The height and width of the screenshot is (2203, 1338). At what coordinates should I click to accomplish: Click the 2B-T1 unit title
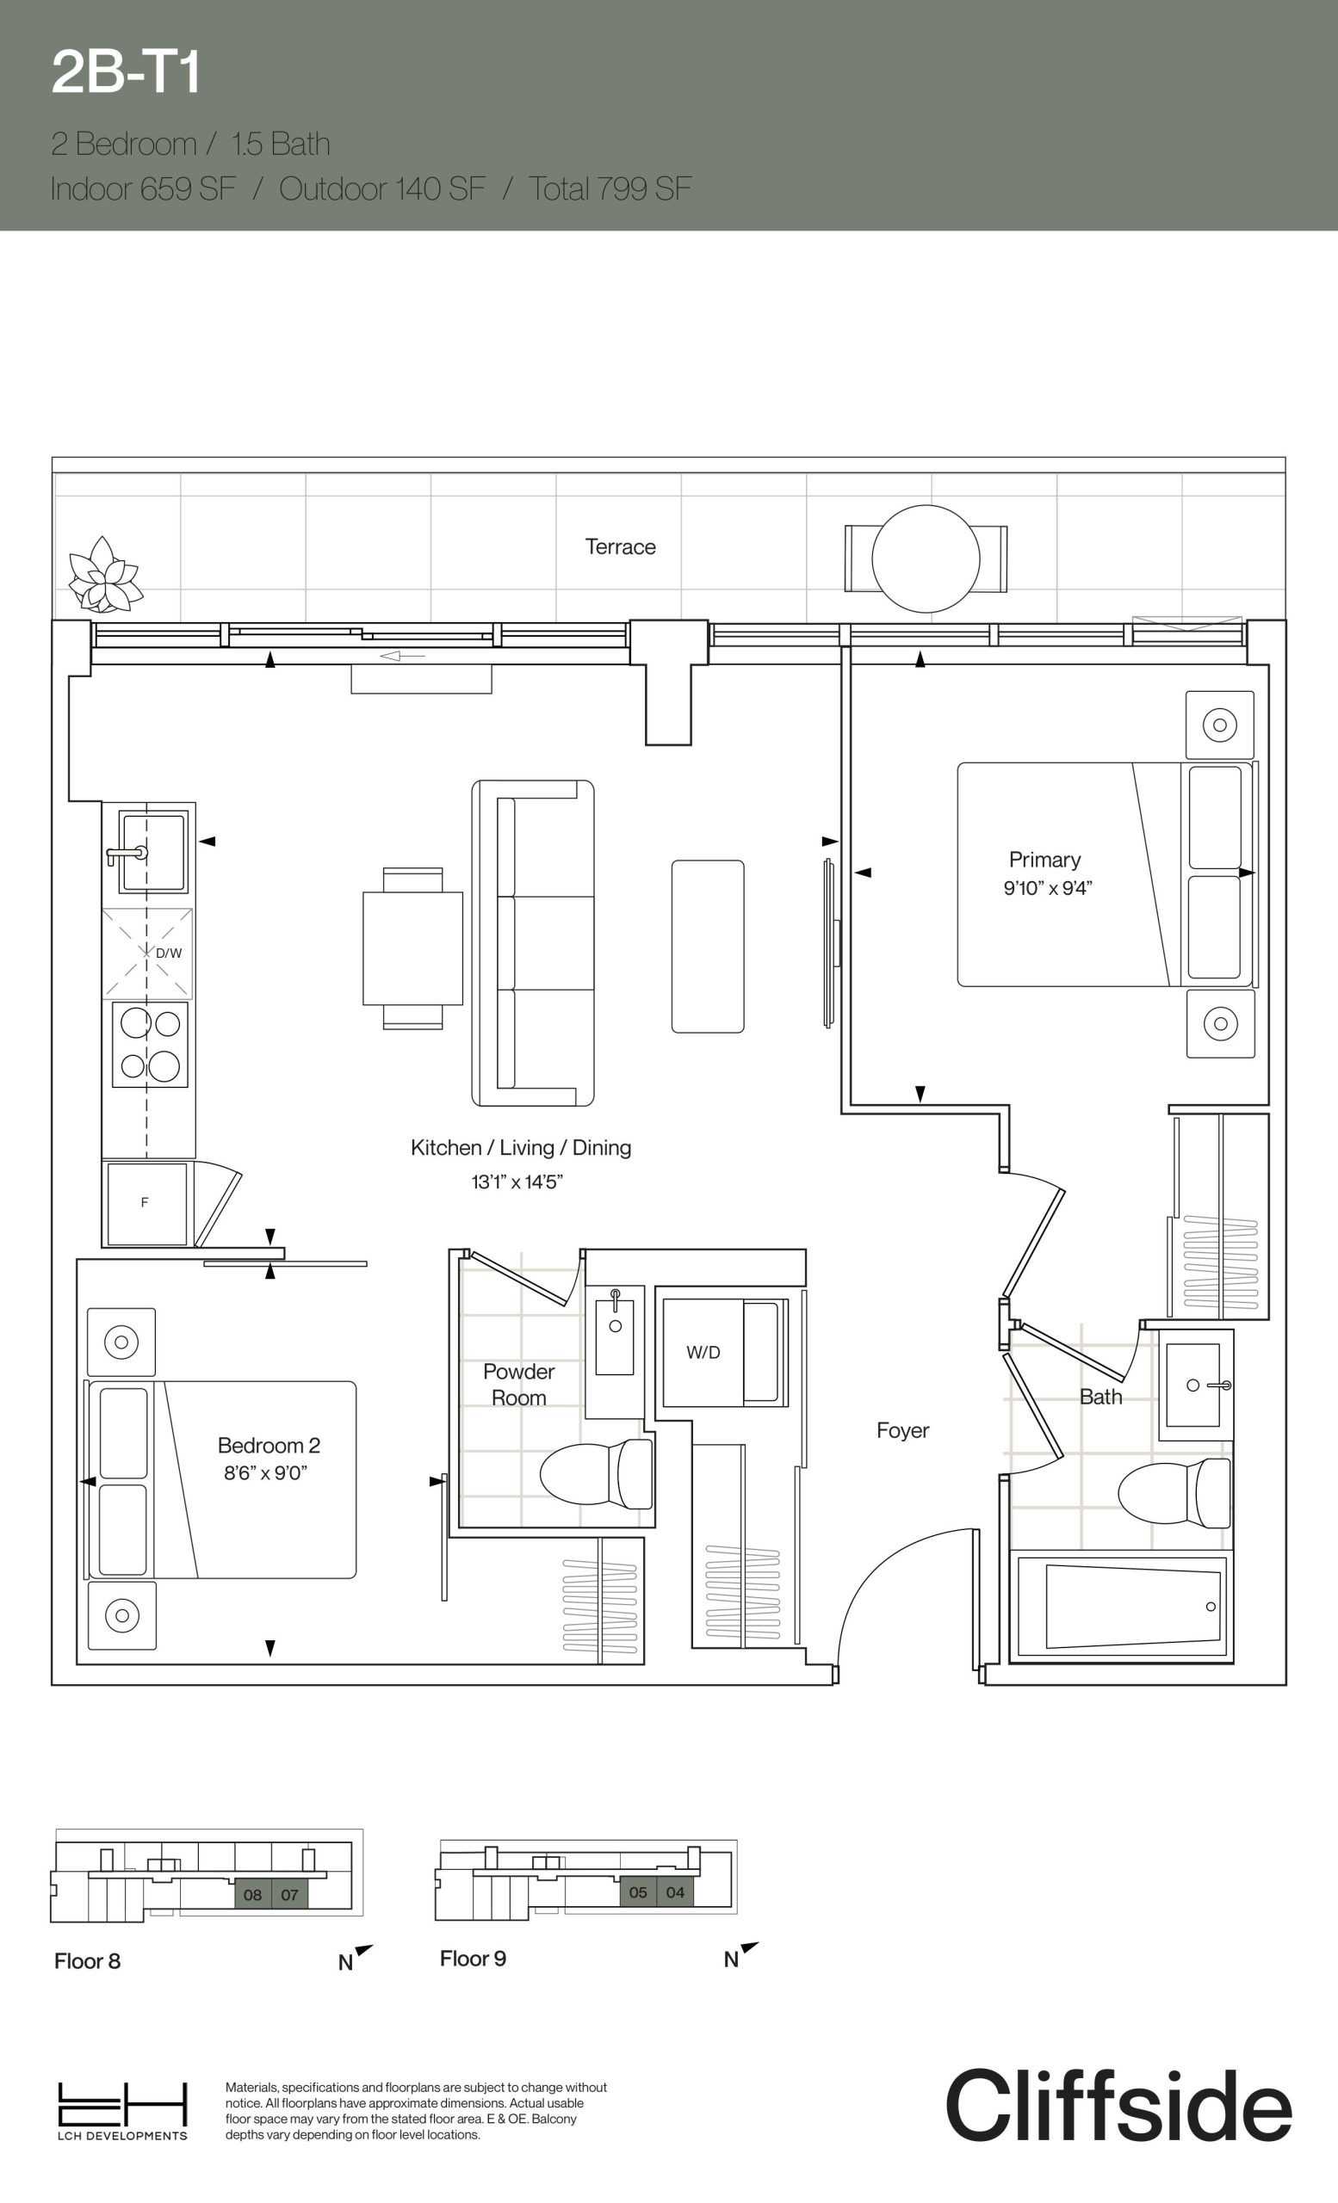[x=125, y=72]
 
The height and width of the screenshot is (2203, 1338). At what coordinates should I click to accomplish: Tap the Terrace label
[x=620, y=546]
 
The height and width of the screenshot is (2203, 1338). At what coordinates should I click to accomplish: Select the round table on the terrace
[x=926, y=558]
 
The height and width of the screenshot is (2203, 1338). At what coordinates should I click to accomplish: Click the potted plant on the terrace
[x=105, y=575]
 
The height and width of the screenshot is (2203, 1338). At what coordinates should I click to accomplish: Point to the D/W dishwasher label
[x=168, y=953]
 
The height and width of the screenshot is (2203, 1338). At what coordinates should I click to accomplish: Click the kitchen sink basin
[x=154, y=851]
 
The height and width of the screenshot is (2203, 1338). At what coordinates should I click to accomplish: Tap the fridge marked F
[x=146, y=1203]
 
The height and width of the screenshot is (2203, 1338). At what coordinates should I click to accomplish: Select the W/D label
[x=703, y=1352]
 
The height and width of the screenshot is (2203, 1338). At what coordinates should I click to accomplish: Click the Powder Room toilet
[x=597, y=1472]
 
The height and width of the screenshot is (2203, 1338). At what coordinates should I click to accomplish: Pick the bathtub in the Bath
[x=1122, y=1605]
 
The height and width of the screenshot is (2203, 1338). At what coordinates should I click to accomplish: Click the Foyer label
[x=902, y=1430]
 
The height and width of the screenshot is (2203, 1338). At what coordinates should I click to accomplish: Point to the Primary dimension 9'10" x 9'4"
[x=1047, y=888]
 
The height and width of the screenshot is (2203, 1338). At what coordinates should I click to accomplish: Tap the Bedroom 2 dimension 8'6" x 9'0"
[x=266, y=1472]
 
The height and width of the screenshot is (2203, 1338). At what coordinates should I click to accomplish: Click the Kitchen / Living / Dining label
[x=521, y=1147]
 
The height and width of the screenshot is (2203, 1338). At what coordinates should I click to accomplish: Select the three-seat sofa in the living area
[x=533, y=943]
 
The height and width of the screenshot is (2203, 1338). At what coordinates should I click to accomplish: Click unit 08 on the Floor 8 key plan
[x=252, y=1895]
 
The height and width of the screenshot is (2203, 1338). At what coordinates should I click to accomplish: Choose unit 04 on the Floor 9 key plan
[x=675, y=1891]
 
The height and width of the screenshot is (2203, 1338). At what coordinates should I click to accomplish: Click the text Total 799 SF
[x=610, y=188]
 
